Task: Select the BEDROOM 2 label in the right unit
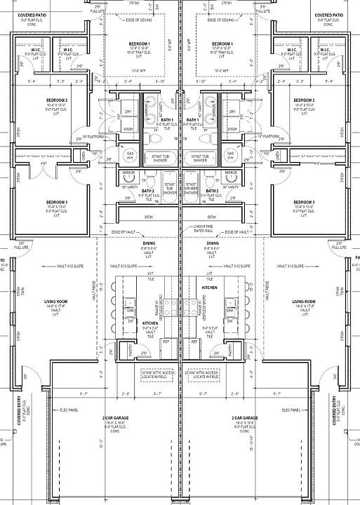pyautogui.click(x=305, y=101)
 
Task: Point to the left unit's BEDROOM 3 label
pyautogui.click(x=56, y=202)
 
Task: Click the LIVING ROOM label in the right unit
pyautogui.click(x=305, y=300)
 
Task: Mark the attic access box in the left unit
pyautogui.click(x=155, y=376)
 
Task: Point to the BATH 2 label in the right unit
pyautogui.click(x=212, y=191)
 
